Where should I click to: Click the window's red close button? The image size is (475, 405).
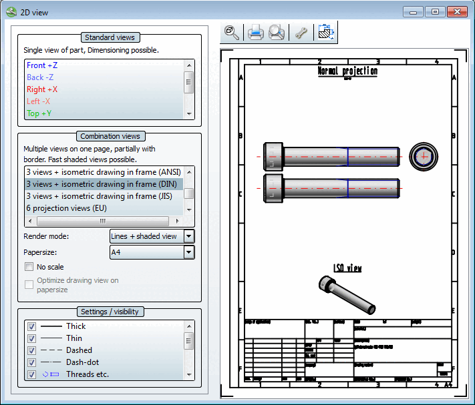pos(456,11)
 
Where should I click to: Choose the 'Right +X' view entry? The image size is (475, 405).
pos(42,89)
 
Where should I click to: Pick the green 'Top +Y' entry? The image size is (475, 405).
pos(39,113)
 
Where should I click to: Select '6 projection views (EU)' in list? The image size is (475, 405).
pos(66,208)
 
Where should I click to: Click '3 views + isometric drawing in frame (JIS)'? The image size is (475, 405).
pos(104,196)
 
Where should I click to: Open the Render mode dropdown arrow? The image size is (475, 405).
pos(188,236)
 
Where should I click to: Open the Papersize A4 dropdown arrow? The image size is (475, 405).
pos(188,252)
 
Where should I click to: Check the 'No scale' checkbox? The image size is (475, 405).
pos(29,267)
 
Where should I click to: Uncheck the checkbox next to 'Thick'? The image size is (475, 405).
pos(31,326)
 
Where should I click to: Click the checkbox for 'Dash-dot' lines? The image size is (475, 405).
pos(31,362)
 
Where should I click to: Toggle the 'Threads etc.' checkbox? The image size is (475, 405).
pos(31,374)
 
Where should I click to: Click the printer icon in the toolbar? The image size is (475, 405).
pos(255,33)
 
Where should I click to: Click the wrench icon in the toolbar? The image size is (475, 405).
pos(301,33)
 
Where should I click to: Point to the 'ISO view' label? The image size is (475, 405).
pos(347,268)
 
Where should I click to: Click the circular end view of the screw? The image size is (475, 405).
pos(423,157)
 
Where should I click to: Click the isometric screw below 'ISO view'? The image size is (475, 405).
pos(347,294)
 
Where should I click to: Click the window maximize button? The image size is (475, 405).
pos(434,11)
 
